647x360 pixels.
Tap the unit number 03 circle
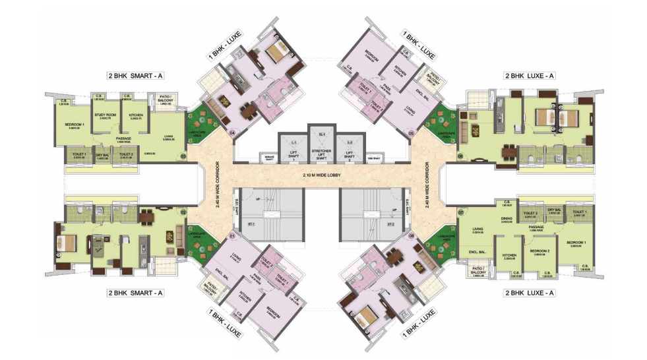tap(183, 156)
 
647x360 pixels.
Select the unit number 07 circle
tap(461, 212)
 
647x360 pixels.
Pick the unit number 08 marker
tap(412, 235)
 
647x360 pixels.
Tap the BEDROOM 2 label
tap(540, 251)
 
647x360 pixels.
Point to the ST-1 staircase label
tap(252, 224)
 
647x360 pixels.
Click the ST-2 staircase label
tap(390, 224)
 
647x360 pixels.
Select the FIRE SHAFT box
tap(375, 158)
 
